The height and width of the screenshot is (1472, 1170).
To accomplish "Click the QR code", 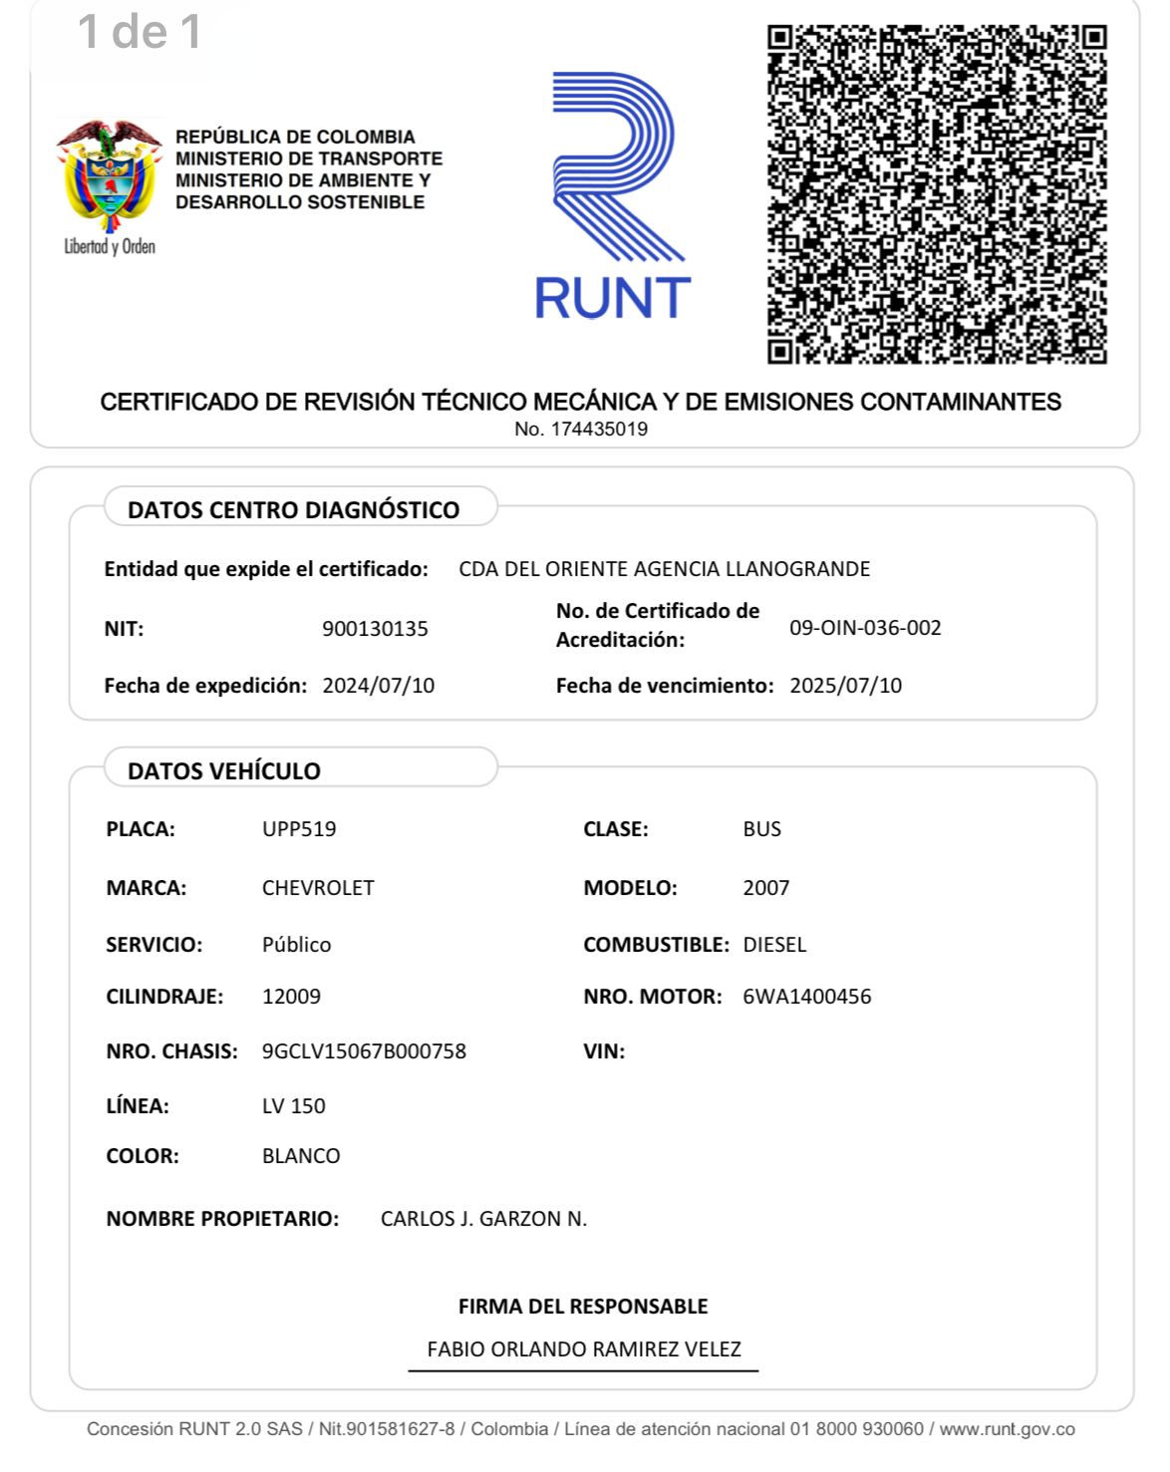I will [x=937, y=194].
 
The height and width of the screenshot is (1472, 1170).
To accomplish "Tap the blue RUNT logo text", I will [x=613, y=298].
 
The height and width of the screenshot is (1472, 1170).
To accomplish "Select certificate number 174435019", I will [x=599, y=430].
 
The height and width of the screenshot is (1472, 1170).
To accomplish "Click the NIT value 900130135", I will [x=375, y=629].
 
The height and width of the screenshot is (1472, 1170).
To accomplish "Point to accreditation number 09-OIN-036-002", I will [x=865, y=628].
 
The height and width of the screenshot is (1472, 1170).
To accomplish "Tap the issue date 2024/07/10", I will [x=379, y=686].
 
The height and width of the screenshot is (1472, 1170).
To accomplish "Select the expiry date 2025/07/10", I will [x=845, y=686].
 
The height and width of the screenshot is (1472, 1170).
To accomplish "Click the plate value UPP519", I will [x=299, y=829].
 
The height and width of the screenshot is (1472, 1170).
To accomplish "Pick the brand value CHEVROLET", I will [x=318, y=888].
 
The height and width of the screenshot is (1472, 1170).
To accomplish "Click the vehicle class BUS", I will [x=762, y=829].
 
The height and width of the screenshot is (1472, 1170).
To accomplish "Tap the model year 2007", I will [x=766, y=888].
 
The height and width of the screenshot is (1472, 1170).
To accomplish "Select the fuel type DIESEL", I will [x=774, y=945].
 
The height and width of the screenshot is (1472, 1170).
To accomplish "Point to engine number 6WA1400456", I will [x=807, y=997].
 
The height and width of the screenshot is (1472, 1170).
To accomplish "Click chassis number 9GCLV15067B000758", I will [x=364, y=1051].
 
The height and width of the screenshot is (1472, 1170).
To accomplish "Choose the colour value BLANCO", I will [x=301, y=1156].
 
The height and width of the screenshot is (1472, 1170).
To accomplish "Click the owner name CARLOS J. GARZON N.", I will [x=483, y=1219].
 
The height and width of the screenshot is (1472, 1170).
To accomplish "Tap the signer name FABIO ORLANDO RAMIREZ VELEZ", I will [x=584, y=1349].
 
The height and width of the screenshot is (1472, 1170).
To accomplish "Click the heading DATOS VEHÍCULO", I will [x=224, y=770].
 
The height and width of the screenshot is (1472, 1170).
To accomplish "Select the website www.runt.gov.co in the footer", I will [x=1007, y=1429].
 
